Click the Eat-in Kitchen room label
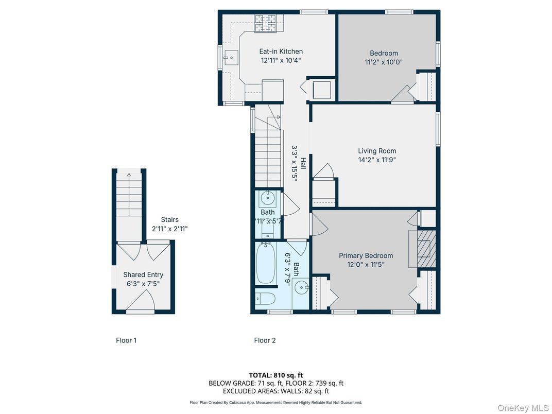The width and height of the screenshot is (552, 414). click(281, 51)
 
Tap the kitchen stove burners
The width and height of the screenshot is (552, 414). click(265, 23)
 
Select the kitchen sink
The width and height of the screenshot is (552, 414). click(231, 57)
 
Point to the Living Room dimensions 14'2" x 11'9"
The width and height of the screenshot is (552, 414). click(377, 160)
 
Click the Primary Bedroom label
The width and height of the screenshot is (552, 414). click(366, 255)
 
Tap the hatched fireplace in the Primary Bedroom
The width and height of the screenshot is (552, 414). click(426, 249)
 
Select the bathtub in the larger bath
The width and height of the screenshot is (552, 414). click(266, 263)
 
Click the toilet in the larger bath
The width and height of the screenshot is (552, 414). click(265, 299)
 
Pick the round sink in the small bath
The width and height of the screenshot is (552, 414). click(268, 199)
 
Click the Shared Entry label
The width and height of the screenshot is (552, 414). click(143, 274)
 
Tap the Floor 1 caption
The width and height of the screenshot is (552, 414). click(126, 340)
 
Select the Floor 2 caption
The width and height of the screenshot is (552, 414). click(265, 340)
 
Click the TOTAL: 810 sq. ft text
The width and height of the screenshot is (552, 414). click(275, 375)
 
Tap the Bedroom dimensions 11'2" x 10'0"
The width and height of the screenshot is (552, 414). click(384, 62)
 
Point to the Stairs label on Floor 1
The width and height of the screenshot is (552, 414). click(170, 220)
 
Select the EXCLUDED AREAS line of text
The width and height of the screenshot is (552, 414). click(276, 391)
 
